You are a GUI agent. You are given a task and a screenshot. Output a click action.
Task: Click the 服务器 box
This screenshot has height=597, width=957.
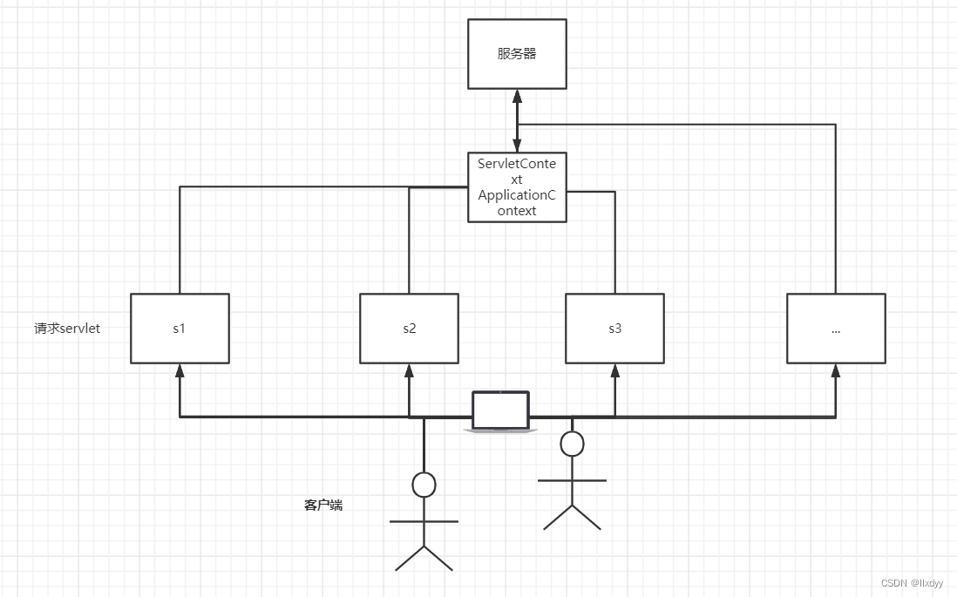(517, 54)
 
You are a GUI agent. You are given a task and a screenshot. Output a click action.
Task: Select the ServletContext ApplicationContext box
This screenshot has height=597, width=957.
(517, 187)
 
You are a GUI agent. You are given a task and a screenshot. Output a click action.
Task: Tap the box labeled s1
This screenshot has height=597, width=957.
(180, 329)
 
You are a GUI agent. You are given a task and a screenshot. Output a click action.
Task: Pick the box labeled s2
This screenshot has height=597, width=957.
(409, 329)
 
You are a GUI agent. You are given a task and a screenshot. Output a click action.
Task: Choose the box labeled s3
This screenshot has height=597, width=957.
(614, 329)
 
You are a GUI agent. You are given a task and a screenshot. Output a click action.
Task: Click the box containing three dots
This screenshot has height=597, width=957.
(836, 329)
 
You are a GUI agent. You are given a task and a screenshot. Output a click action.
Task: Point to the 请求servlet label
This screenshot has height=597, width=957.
(67, 329)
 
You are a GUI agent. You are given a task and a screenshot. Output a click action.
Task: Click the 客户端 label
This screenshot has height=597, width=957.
(322, 505)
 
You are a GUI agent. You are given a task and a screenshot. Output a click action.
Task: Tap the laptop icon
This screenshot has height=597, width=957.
(500, 411)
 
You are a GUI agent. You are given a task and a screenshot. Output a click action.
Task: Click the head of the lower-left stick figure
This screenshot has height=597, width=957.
(424, 485)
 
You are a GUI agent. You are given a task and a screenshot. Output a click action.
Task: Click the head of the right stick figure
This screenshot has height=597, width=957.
(572, 444)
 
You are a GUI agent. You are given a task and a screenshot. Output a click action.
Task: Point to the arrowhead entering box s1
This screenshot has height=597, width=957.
(180, 370)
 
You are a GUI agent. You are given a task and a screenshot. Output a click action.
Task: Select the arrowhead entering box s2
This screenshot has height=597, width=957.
(409, 370)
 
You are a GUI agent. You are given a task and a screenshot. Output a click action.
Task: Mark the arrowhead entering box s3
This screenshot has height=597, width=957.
(614, 370)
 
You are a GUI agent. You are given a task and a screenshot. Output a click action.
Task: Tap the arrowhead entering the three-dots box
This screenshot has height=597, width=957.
(836, 370)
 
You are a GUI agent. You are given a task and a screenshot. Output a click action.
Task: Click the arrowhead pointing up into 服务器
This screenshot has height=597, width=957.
(517, 95)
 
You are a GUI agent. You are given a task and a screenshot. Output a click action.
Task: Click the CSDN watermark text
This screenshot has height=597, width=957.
(912, 583)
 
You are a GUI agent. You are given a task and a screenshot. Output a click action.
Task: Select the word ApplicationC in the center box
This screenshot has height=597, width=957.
(517, 194)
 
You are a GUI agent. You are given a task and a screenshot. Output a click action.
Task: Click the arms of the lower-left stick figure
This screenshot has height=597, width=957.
(424, 521)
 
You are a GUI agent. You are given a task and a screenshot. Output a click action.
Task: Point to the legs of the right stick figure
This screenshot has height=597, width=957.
(572, 517)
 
